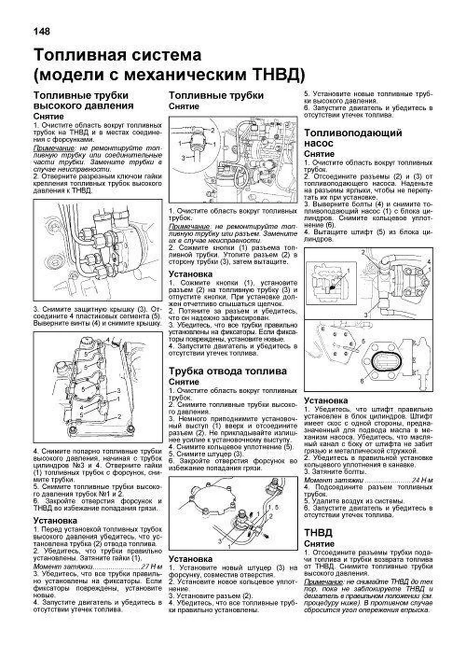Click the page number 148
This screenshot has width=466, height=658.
[42, 31]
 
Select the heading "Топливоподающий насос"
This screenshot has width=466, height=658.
[353, 138]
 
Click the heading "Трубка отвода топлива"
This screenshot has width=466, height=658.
[228, 371]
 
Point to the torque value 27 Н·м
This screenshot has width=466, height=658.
[151, 566]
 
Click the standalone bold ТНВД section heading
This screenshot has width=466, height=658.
[318, 532]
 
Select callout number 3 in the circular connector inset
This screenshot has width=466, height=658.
[183, 157]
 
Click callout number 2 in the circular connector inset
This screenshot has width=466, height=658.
[212, 130]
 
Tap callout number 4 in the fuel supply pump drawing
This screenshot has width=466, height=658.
[429, 261]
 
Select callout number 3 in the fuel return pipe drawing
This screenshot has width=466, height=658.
[219, 541]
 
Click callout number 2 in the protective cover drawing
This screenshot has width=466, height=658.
[120, 416]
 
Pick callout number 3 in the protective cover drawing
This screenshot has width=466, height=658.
[118, 390]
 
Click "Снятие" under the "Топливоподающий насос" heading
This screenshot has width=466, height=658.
[319, 154]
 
